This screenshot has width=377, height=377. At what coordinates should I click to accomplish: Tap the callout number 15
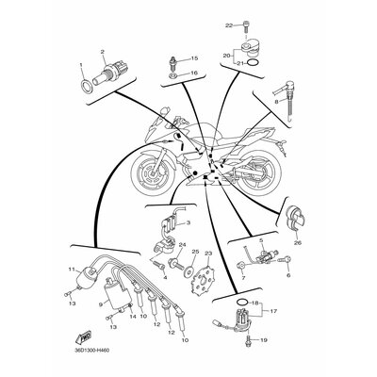point(194,59)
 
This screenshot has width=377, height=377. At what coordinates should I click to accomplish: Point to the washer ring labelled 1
point(88,86)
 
